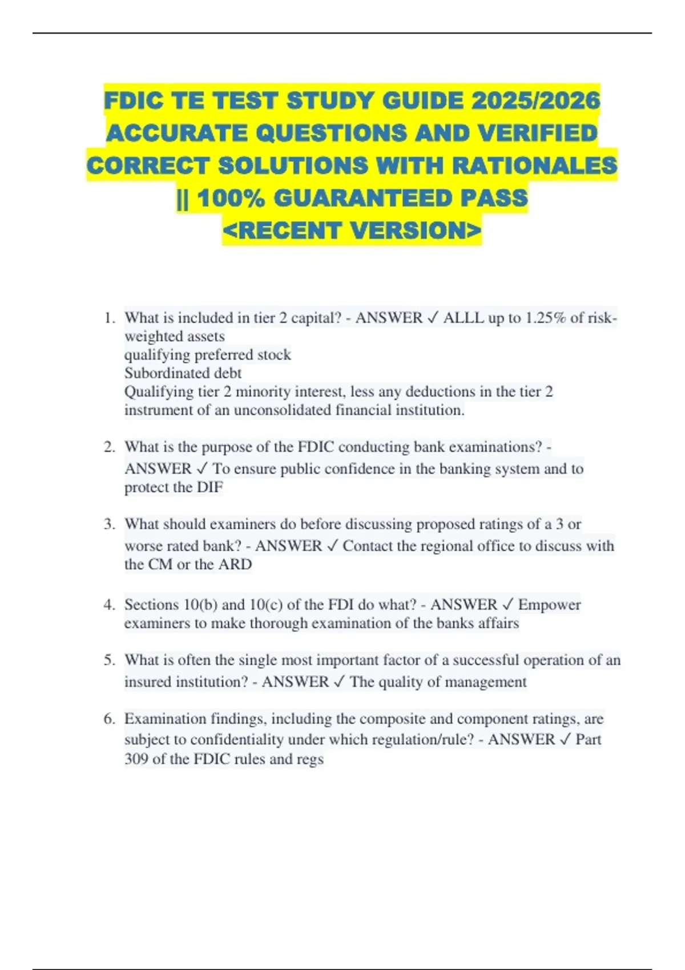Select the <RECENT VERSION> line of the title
[x=352, y=231]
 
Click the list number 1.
[x=109, y=318]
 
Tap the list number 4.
[x=109, y=605]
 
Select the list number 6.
[x=109, y=719]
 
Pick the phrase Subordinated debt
[x=183, y=373]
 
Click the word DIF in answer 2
[x=209, y=487]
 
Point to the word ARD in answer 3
[x=235, y=564]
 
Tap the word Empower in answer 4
[x=549, y=605]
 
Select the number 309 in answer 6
[x=136, y=759]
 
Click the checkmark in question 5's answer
[x=339, y=682]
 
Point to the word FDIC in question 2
[x=315, y=447]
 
